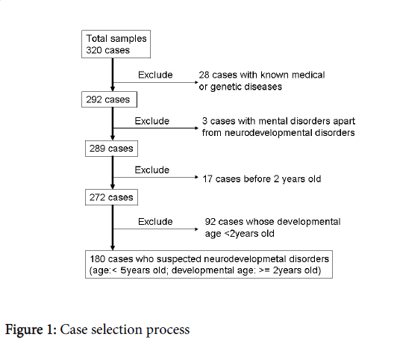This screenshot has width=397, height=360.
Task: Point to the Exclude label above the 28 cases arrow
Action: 155,75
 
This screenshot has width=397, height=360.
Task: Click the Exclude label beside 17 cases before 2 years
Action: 152,170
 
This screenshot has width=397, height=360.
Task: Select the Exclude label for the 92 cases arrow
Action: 155,222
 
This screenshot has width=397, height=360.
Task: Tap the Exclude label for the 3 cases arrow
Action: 152,121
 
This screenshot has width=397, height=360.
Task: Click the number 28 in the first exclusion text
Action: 204,75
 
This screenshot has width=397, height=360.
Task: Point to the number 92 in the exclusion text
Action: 210,222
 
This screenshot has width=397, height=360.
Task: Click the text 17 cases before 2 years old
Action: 262,179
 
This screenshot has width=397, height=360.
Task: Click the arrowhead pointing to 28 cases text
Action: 197,82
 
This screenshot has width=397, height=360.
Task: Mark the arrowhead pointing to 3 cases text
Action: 197,128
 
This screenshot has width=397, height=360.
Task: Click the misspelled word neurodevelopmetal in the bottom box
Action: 245,259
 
